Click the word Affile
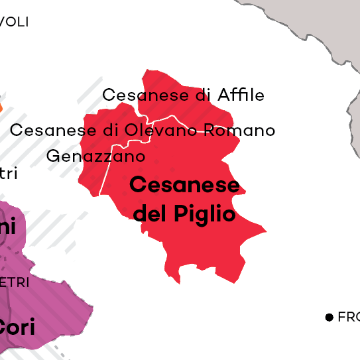coord(239,95)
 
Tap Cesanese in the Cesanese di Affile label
coord(145,95)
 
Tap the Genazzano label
coord(95,157)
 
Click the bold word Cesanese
coord(184,185)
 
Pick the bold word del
coord(150,213)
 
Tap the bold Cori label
coord(17,327)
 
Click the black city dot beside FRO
coord(329,318)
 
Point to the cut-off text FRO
coord(348,318)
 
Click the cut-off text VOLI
coord(14,22)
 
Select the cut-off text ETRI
coord(14,282)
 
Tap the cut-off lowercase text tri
coord(8,174)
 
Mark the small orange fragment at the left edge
coord(1,105)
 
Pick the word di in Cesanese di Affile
coord(204,95)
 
